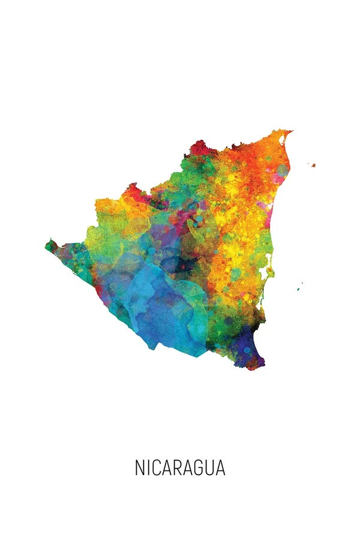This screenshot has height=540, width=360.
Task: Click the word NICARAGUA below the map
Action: (180, 468)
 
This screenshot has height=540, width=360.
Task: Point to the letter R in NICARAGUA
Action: (180, 468)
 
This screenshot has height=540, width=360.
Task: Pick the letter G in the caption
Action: (199, 468)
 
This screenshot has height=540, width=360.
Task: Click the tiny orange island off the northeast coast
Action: (313, 165)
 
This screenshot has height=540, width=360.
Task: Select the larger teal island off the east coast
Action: (298, 289)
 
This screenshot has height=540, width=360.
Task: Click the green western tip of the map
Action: (50, 245)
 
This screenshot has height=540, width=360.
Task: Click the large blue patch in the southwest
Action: (162, 306)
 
